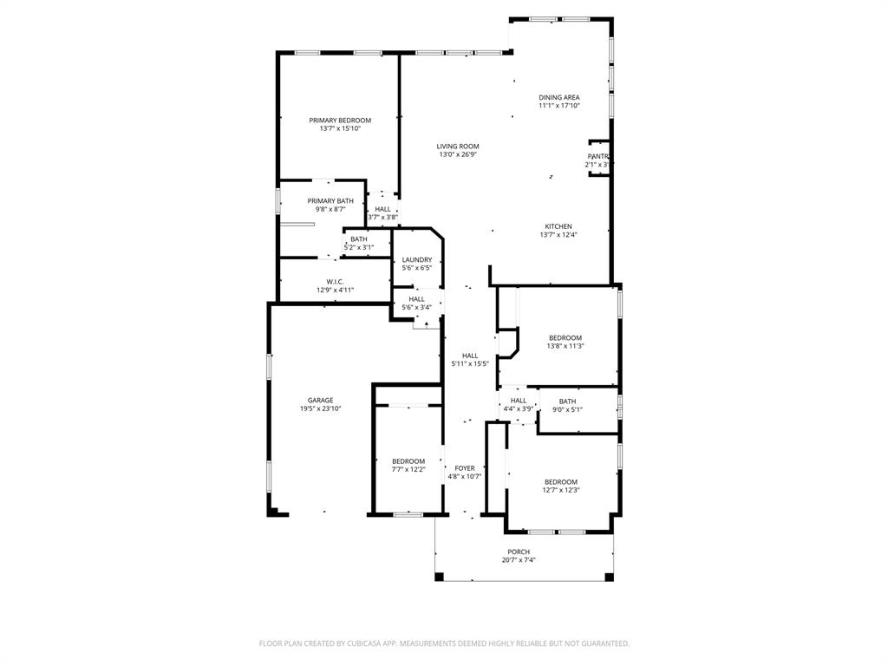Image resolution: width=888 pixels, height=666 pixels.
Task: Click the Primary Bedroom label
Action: pyautogui.click(x=340, y=121)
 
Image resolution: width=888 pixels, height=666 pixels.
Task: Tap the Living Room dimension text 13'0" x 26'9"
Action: pyautogui.click(x=458, y=154)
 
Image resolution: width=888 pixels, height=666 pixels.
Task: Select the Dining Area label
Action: pyautogui.click(x=558, y=98)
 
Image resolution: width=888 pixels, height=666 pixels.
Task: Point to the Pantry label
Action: pyautogui.click(x=598, y=156)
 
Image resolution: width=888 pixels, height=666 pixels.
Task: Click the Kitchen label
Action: pyautogui.click(x=558, y=226)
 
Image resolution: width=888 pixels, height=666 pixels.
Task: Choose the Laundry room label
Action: pyautogui.click(x=417, y=259)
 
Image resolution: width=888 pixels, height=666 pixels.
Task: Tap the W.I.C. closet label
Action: pyautogui.click(x=335, y=282)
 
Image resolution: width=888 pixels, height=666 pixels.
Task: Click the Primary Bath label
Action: pyautogui.click(x=330, y=201)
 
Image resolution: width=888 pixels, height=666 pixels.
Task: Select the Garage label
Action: pyautogui.click(x=320, y=400)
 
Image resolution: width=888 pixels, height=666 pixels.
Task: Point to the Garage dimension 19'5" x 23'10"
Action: pyautogui.click(x=320, y=408)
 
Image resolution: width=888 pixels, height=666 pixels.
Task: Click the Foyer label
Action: pyautogui.click(x=465, y=468)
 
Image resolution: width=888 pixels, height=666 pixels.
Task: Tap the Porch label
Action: pyautogui.click(x=519, y=552)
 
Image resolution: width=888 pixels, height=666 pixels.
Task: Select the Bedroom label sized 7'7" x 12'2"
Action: pyautogui.click(x=408, y=461)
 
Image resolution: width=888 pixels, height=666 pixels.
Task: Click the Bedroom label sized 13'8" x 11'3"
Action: pyautogui.click(x=565, y=337)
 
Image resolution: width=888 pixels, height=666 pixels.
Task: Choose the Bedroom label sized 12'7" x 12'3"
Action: pyautogui.click(x=561, y=482)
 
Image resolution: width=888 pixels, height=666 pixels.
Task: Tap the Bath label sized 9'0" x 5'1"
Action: pyautogui.click(x=567, y=401)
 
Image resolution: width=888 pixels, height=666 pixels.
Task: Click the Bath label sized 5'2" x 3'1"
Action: pyautogui.click(x=358, y=239)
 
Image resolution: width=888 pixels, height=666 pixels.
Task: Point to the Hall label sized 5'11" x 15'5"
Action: pyautogui.click(x=470, y=356)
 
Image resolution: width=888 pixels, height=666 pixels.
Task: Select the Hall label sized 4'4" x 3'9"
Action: pyautogui.click(x=519, y=400)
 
